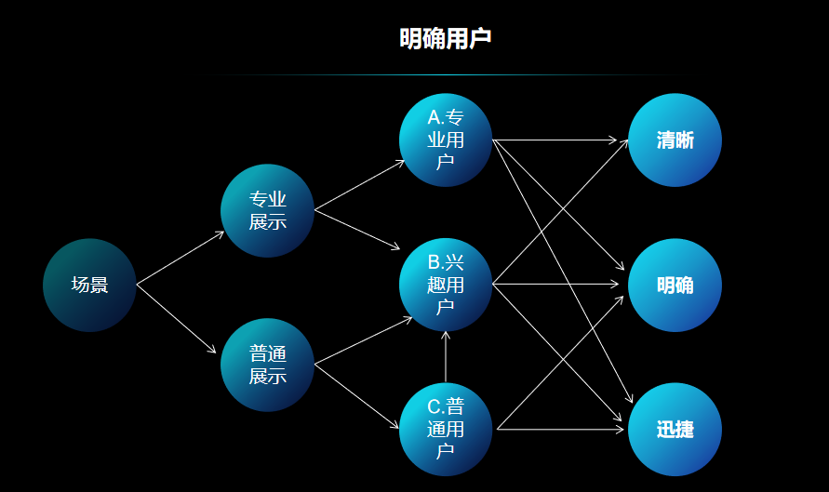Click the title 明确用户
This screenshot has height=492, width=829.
click(x=445, y=39)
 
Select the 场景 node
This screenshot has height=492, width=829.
click(x=89, y=285)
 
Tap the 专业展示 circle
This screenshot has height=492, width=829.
click(x=267, y=210)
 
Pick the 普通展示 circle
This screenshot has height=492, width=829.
click(x=267, y=365)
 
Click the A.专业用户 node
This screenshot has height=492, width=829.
click(x=446, y=140)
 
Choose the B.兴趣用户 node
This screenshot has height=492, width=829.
click(x=446, y=285)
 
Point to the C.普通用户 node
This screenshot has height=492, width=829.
click(x=446, y=429)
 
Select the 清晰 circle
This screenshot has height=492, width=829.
click(x=675, y=140)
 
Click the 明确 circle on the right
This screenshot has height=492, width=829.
click(x=675, y=285)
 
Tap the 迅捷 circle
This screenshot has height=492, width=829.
click(x=675, y=430)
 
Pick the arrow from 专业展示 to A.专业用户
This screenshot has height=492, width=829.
click(x=360, y=185)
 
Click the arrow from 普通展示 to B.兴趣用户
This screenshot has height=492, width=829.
click(x=363, y=340)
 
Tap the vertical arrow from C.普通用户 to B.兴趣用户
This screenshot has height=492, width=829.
click(x=446, y=357)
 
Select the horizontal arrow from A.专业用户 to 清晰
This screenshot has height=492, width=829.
click(x=555, y=140)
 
